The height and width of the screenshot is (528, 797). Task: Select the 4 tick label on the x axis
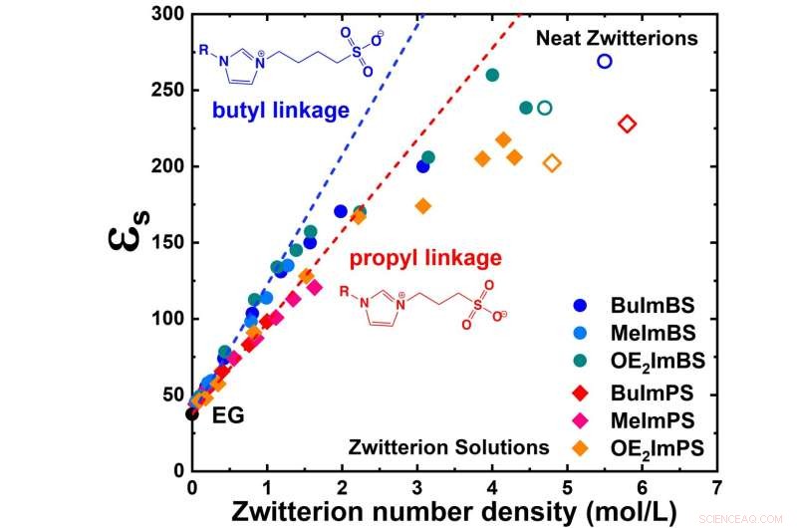[x=492, y=489]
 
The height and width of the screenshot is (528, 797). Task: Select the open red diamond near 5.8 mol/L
[x=627, y=124]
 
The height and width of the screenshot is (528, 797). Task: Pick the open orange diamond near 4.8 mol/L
[x=552, y=163]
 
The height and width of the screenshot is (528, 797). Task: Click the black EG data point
[x=192, y=413]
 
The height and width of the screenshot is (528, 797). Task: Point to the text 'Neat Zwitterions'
[x=617, y=39]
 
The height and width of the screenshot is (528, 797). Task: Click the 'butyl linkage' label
[x=279, y=111]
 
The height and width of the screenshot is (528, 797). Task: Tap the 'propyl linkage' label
[x=424, y=259]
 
